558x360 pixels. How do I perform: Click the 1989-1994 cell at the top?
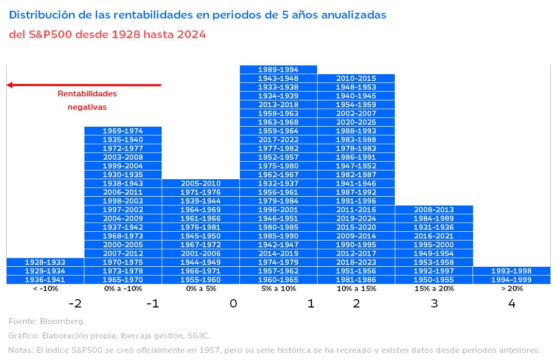click(x=278, y=70)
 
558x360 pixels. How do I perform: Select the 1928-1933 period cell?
click(x=45, y=262)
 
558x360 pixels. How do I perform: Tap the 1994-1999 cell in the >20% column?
click(x=511, y=280)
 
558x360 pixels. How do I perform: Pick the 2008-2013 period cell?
click(x=434, y=210)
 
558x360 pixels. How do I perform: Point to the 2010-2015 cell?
click(x=356, y=78)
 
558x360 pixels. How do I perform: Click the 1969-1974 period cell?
click(x=123, y=131)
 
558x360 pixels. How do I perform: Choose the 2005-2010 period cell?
click(x=201, y=183)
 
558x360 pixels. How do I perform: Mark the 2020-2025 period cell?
click(x=356, y=122)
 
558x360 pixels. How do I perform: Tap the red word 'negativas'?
click(x=87, y=107)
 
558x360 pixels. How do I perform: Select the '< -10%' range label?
click(x=45, y=289)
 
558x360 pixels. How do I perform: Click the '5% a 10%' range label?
click(x=278, y=289)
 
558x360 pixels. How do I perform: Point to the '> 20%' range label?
click(x=511, y=289)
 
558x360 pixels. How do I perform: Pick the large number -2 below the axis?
click(x=75, y=304)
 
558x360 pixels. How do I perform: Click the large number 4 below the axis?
click(x=511, y=304)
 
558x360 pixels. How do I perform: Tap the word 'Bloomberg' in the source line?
click(x=63, y=321)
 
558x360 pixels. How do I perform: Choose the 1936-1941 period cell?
click(x=45, y=280)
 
